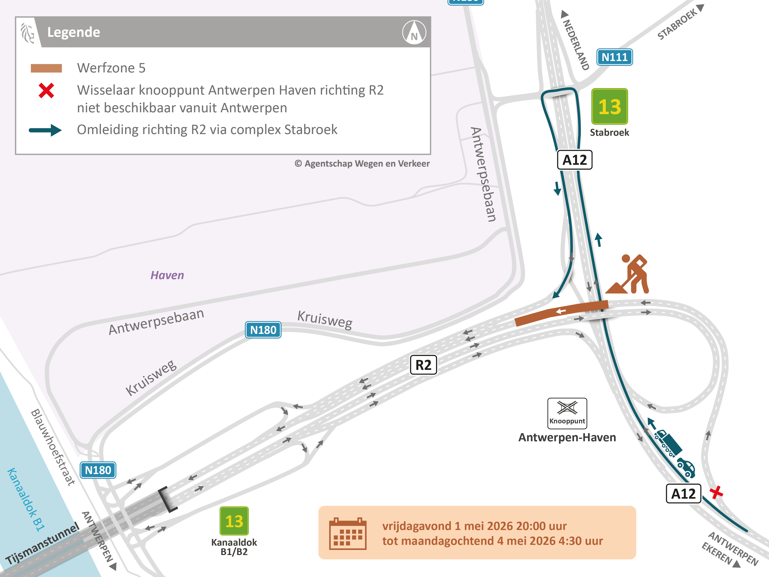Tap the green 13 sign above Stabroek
pyautogui.click(x=609, y=106)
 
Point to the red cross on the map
pyautogui.click(x=716, y=492)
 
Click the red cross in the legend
pyautogui.click(x=46, y=91)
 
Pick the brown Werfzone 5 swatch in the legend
pyautogui.click(x=46, y=68)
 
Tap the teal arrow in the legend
pyautogui.click(x=45, y=130)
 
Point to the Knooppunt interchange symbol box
pyautogui.click(x=567, y=413)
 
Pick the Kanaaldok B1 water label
pyautogui.click(x=26, y=499)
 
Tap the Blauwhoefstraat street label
pyautogui.click(x=53, y=447)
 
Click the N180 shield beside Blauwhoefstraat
pyautogui.click(x=98, y=470)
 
